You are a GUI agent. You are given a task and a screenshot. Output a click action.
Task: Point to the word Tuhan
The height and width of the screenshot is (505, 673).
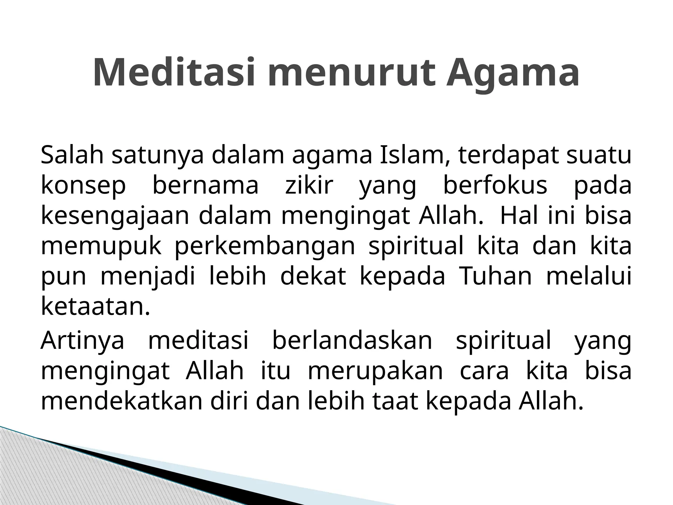point(495,276)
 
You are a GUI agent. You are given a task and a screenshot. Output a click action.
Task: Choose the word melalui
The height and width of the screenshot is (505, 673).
point(589,276)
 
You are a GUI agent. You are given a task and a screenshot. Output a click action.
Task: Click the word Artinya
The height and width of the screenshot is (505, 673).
point(83,341)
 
